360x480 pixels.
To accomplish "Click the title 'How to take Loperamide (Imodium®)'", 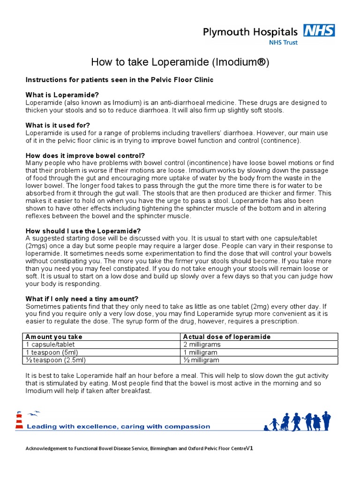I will pyautogui.click(x=180, y=62).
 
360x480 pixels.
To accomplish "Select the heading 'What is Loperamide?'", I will pyautogui.click(x=62, y=95).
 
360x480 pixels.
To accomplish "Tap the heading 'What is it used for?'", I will pyautogui.click(x=58, y=125).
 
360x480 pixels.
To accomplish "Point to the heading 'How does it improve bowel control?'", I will pyautogui.click(x=85, y=155).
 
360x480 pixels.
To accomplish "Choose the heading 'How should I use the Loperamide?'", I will pyautogui.click(x=83, y=231).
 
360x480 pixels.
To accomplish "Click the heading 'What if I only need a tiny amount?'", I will pyautogui.click(x=82, y=299).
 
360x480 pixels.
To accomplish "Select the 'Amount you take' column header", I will pyautogui.click(x=53, y=337).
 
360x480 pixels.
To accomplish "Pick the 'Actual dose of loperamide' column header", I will pyautogui.click(x=226, y=337).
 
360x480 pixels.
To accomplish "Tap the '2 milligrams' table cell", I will pyautogui.click(x=202, y=345).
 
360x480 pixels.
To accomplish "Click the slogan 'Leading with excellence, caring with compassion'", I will pyautogui.click(x=118, y=427).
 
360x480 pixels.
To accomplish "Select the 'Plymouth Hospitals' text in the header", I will pyautogui.click(x=250, y=32).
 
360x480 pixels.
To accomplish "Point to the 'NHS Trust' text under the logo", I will pyautogui.click(x=282, y=42).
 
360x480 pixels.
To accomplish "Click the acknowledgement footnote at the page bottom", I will pyautogui.click(x=139, y=448).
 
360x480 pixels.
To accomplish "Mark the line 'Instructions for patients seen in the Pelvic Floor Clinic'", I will pyautogui.click(x=119, y=80).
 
